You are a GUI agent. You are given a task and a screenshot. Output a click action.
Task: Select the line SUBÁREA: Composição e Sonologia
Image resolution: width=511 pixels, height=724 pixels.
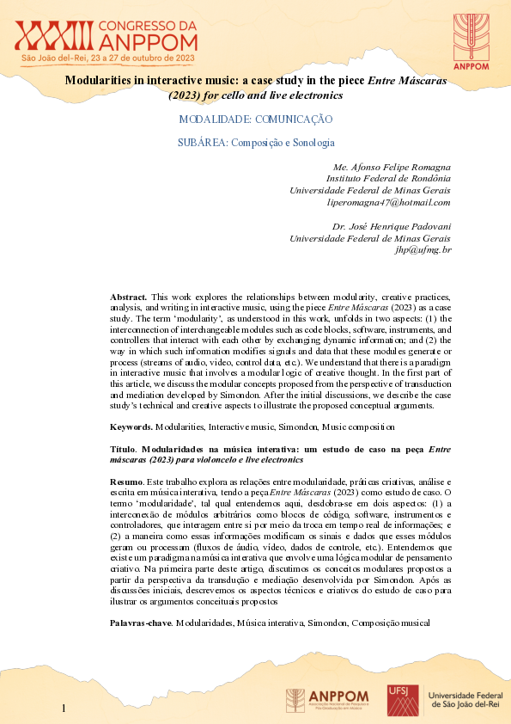tap(255, 142)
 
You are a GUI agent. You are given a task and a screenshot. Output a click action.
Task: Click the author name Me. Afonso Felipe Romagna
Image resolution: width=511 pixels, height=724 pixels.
tap(391, 166)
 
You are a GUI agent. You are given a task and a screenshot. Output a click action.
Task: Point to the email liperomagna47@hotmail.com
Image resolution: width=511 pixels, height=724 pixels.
tap(389, 202)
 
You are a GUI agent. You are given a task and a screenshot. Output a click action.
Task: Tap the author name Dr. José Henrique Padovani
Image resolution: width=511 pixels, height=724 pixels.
tap(391, 226)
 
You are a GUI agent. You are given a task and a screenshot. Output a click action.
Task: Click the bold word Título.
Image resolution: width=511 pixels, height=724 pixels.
tap(124, 450)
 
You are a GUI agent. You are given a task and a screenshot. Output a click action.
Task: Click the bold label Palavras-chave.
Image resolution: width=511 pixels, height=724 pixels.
tap(141, 621)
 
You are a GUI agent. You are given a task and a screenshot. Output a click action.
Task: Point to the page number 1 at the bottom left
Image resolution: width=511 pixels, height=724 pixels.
tap(63, 708)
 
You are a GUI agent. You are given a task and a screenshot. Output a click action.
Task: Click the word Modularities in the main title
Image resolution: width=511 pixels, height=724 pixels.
tap(101, 79)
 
